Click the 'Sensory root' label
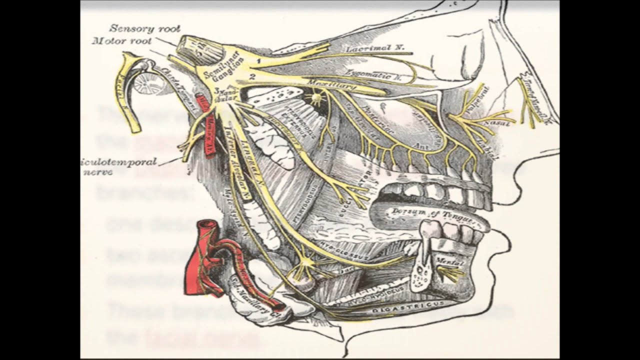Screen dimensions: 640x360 [x=144, y=29]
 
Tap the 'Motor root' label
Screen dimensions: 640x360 [x=121, y=41]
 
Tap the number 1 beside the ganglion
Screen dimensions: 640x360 [x=258, y=60]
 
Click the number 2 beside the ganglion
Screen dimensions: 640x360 [x=253, y=76]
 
